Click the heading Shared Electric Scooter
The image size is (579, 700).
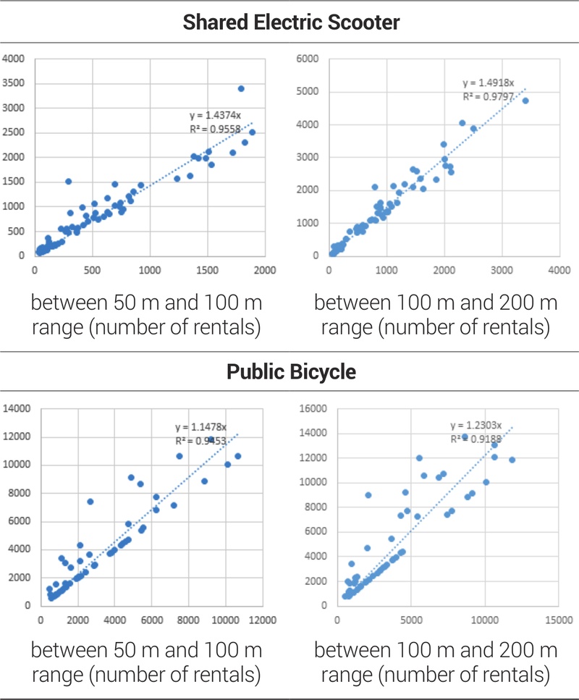point(291,22)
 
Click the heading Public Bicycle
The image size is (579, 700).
point(291,372)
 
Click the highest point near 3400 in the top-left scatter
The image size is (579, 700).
point(241,89)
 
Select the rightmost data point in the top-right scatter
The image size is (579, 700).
point(525,101)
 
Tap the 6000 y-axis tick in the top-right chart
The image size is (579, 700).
point(311,59)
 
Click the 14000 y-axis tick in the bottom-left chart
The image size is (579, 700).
point(18,409)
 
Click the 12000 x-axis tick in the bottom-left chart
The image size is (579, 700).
point(262,620)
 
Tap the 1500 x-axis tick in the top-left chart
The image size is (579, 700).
point(208,270)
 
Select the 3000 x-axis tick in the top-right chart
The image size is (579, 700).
point(501,270)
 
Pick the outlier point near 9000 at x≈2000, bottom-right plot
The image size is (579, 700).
point(368,495)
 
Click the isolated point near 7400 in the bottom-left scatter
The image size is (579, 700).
point(90,502)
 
